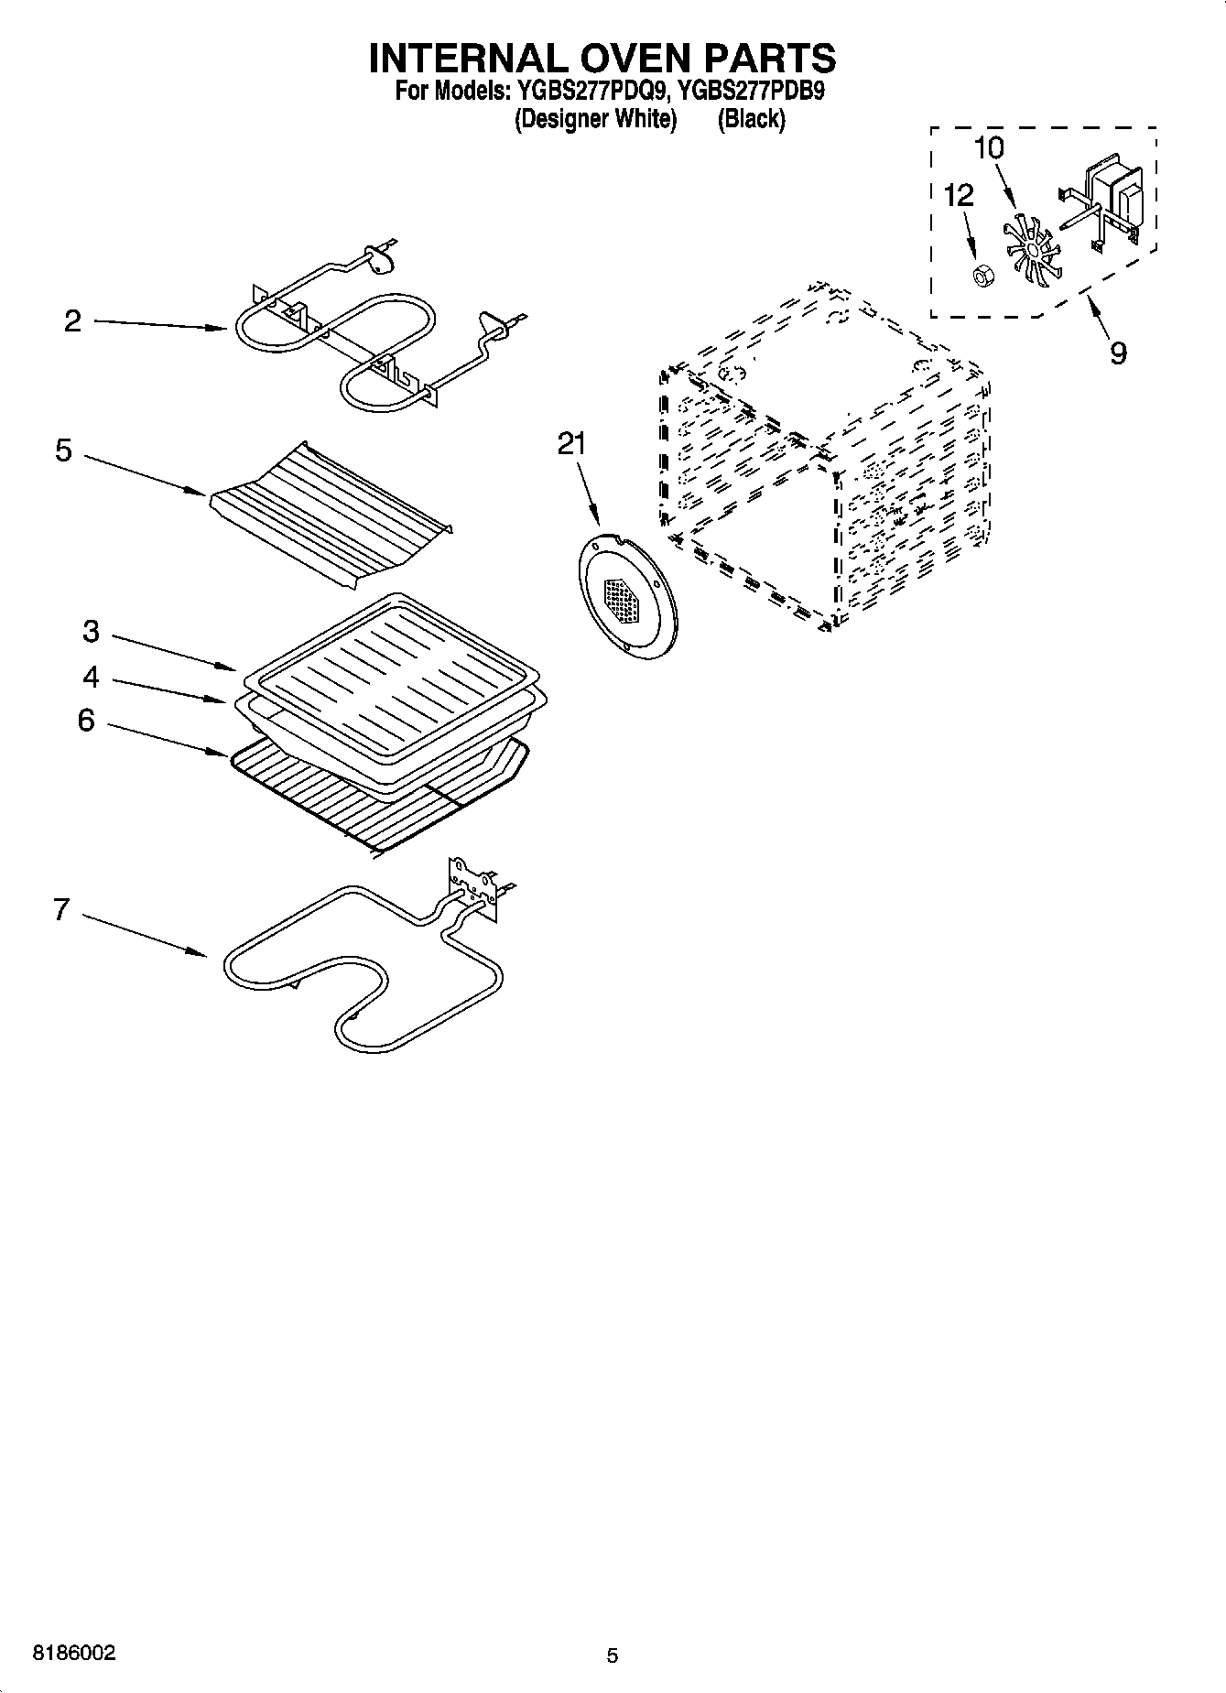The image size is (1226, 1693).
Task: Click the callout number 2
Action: coord(73,320)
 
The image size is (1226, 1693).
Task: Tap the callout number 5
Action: coord(63,450)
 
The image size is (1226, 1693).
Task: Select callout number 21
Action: coord(571,443)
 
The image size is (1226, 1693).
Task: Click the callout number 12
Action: coord(959,194)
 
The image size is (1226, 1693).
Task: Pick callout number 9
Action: coord(1118,353)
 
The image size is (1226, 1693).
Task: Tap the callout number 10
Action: coord(989,147)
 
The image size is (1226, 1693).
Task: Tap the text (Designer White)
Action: coord(595,119)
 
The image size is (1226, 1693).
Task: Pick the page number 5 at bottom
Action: coord(613,1655)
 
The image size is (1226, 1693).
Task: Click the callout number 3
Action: coord(91,631)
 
